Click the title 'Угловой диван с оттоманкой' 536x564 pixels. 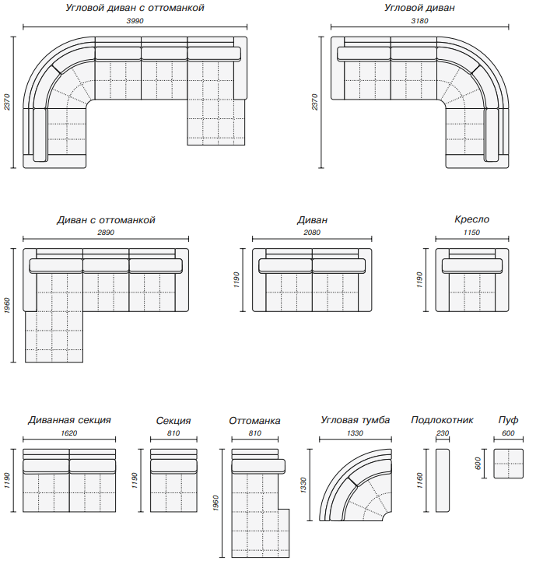click(135, 8)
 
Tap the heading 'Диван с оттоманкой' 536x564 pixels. click(106, 220)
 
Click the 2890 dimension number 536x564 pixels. click(106, 233)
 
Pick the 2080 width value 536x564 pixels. click(312, 233)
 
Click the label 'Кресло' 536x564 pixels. click(472, 220)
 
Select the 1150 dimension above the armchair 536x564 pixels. click(472, 233)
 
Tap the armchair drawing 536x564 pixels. click(472, 280)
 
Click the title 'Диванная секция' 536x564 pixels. click(69, 420)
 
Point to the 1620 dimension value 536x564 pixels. click(69, 433)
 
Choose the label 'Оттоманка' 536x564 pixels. click(254, 421)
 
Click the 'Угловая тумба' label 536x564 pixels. click(355, 420)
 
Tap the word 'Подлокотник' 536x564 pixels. click(442, 420)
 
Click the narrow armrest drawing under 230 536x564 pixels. click(443, 480)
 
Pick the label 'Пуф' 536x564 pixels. click(508, 420)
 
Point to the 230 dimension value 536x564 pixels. click(443, 433)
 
